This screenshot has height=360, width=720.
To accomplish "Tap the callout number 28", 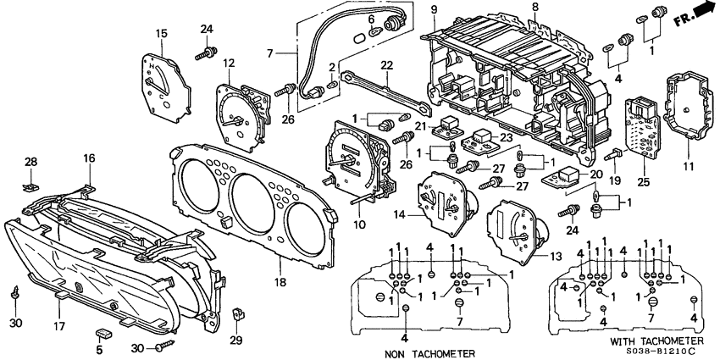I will tap(31, 161).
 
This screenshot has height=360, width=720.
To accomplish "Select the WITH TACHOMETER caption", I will tap(640, 341).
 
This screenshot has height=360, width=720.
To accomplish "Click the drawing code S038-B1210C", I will tap(654, 352).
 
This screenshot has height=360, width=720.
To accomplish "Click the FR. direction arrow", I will tap(691, 13).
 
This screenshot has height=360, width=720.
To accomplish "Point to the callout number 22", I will tap(385, 65).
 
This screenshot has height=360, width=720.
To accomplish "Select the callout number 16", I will tap(89, 158).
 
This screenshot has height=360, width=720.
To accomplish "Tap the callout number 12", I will tap(229, 63).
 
